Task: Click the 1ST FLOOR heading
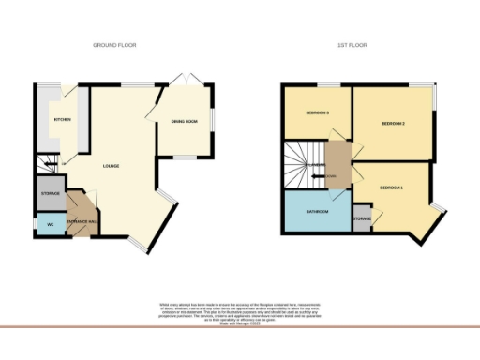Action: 352,45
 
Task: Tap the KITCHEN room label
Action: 62,120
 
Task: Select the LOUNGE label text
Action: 110,167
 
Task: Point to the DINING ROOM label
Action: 184,122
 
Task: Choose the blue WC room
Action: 49,224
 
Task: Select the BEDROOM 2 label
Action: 392,124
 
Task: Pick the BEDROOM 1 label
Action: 391,188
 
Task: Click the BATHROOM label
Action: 317,211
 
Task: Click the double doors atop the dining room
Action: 188,79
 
